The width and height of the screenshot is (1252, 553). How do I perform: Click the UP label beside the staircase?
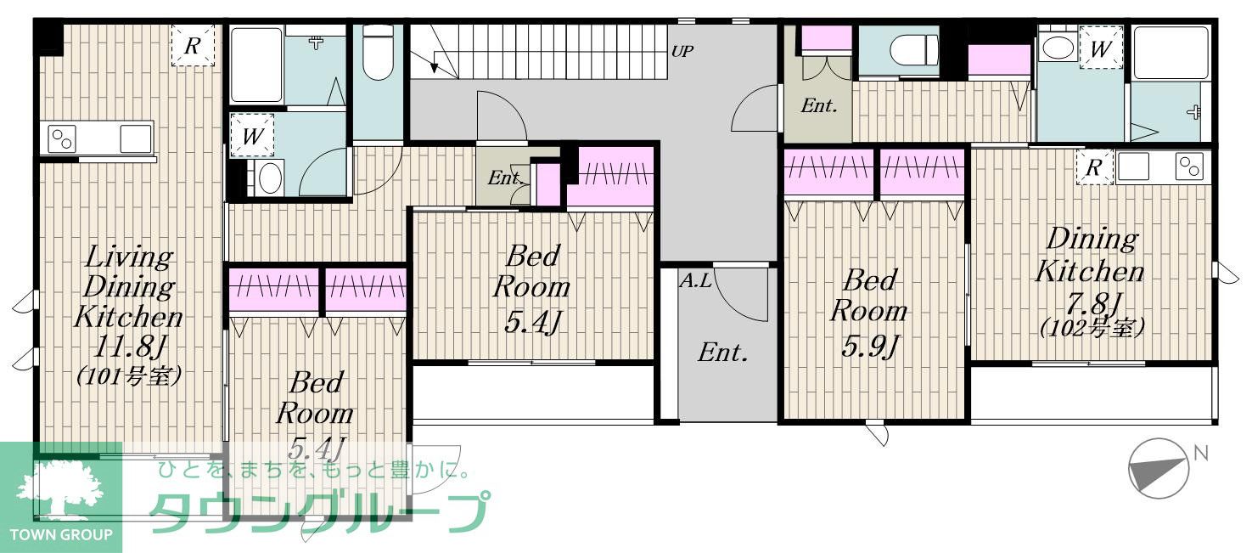(682, 52)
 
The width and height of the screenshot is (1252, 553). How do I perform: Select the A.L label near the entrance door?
(696, 280)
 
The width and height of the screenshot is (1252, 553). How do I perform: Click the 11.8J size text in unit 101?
(130, 347)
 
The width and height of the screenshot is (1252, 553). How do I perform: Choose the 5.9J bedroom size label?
(869, 347)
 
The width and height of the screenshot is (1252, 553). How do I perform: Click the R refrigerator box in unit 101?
(193, 45)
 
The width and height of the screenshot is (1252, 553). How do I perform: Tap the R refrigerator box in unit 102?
(1094, 166)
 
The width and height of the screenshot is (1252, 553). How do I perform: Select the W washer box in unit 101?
(252, 135)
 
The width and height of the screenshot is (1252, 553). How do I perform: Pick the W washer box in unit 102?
(1101, 48)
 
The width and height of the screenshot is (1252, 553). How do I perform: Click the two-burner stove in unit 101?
(61, 138)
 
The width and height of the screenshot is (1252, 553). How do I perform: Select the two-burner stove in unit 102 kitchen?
(1189, 166)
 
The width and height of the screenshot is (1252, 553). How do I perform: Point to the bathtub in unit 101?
(256, 65)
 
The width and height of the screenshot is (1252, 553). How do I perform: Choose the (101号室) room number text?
(128, 376)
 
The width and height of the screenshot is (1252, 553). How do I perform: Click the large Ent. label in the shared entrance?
(722, 353)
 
